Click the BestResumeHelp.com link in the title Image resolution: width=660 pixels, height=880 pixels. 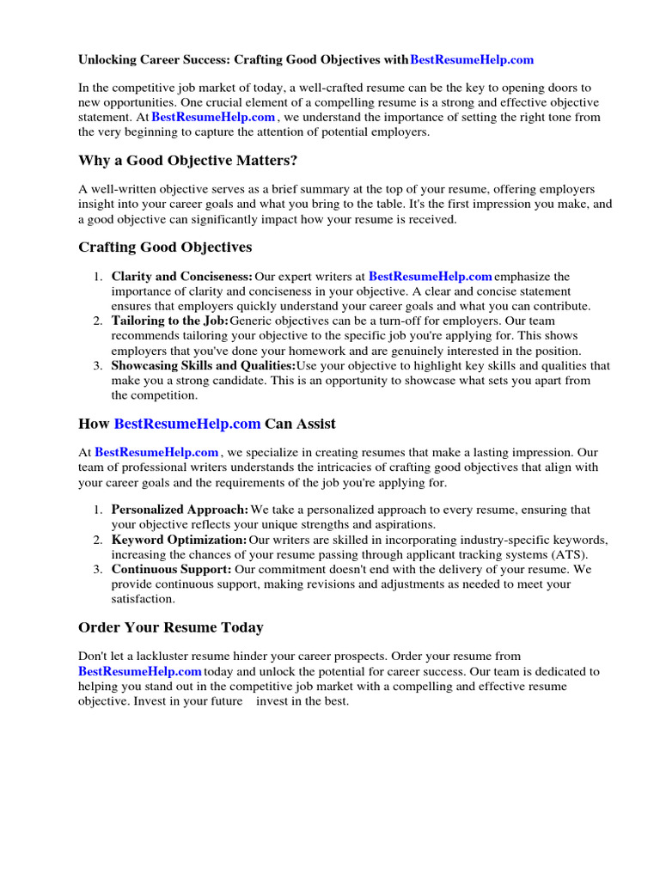(x=472, y=60)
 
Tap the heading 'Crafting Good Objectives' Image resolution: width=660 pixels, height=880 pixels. (x=165, y=247)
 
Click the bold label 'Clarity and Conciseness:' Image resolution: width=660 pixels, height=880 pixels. (x=182, y=277)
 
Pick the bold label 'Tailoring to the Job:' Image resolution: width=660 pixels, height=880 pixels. (x=170, y=321)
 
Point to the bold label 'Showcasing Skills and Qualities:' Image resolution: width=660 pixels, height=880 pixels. (x=204, y=365)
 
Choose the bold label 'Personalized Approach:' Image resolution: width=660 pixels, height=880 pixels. (x=180, y=510)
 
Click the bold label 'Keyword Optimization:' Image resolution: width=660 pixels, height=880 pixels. (x=179, y=540)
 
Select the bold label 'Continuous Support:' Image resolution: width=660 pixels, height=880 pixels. (x=171, y=569)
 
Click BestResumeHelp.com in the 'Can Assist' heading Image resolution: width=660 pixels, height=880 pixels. (x=186, y=424)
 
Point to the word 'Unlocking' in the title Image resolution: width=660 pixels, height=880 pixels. (x=107, y=60)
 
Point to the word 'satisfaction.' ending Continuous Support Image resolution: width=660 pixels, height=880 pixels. (x=143, y=598)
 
